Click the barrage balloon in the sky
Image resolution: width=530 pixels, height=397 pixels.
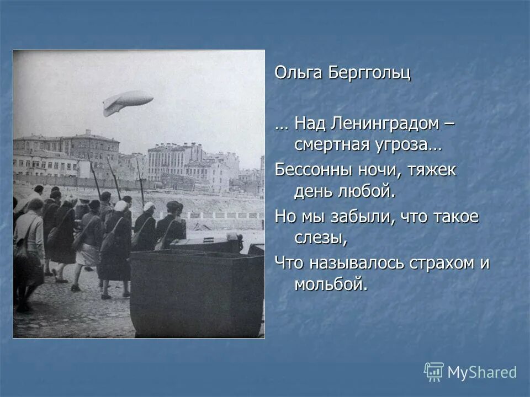click(x=128, y=102)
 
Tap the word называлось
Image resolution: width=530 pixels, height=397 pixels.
click(x=352, y=262)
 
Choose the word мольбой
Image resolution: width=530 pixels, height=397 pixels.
click(x=330, y=285)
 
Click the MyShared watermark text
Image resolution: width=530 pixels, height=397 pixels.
click(x=481, y=373)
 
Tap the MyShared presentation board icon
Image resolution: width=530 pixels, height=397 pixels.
click(x=434, y=372)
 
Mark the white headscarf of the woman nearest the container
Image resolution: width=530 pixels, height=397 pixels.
click(x=149, y=207)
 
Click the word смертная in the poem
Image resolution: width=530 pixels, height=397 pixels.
click(x=331, y=146)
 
